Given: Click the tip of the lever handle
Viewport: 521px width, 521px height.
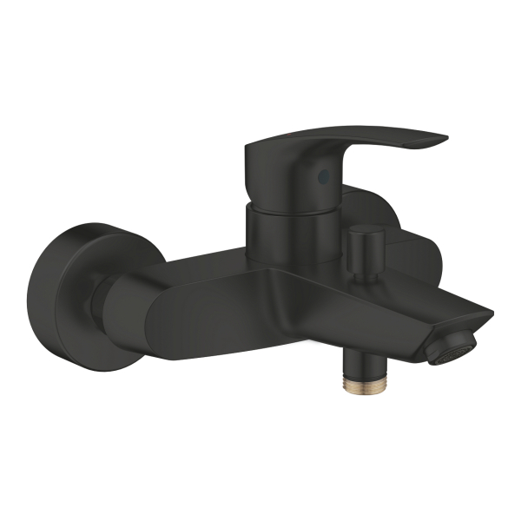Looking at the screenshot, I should tap(440, 140).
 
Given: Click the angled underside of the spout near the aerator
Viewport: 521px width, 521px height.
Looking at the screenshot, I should tap(417, 334).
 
